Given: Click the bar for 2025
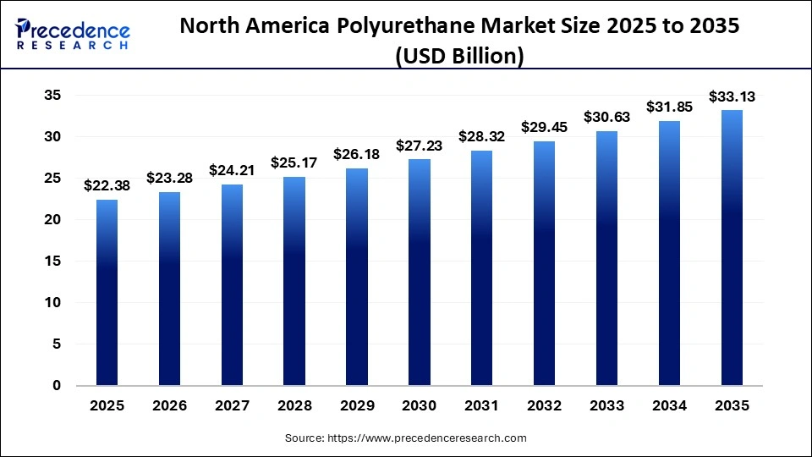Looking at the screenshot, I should click(x=107, y=292).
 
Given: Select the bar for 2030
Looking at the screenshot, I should click(x=420, y=272).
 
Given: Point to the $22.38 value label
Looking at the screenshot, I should click(x=107, y=185).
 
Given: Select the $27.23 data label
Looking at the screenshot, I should click(x=420, y=144).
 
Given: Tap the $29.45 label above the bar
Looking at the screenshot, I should click(x=545, y=126).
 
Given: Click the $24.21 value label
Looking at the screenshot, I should click(x=232, y=169).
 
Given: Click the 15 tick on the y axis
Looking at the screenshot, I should click(x=52, y=261).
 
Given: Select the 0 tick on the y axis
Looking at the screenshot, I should click(x=57, y=385).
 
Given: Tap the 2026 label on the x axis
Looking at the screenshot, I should click(x=170, y=406).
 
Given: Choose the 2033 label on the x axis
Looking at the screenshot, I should click(x=607, y=406).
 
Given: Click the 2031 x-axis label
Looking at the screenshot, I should click(x=482, y=406).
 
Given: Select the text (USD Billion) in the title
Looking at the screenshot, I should click(x=459, y=56).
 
